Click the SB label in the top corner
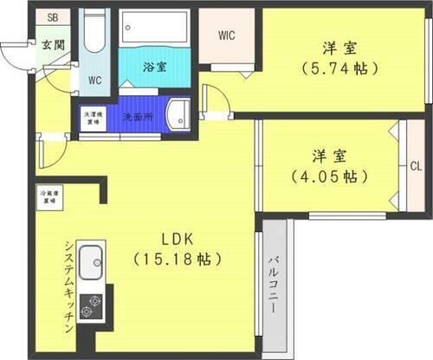coord(53,17)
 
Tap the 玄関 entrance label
coord(50,44)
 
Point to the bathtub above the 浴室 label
coord(155,29)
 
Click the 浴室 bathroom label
coord(156,66)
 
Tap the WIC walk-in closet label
coord(228,35)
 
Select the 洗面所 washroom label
coord(137,116)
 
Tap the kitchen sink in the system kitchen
coord(91,260)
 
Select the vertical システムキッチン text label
coord(68,282)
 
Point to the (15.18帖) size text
coord(171,259)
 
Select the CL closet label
coord(415,165)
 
